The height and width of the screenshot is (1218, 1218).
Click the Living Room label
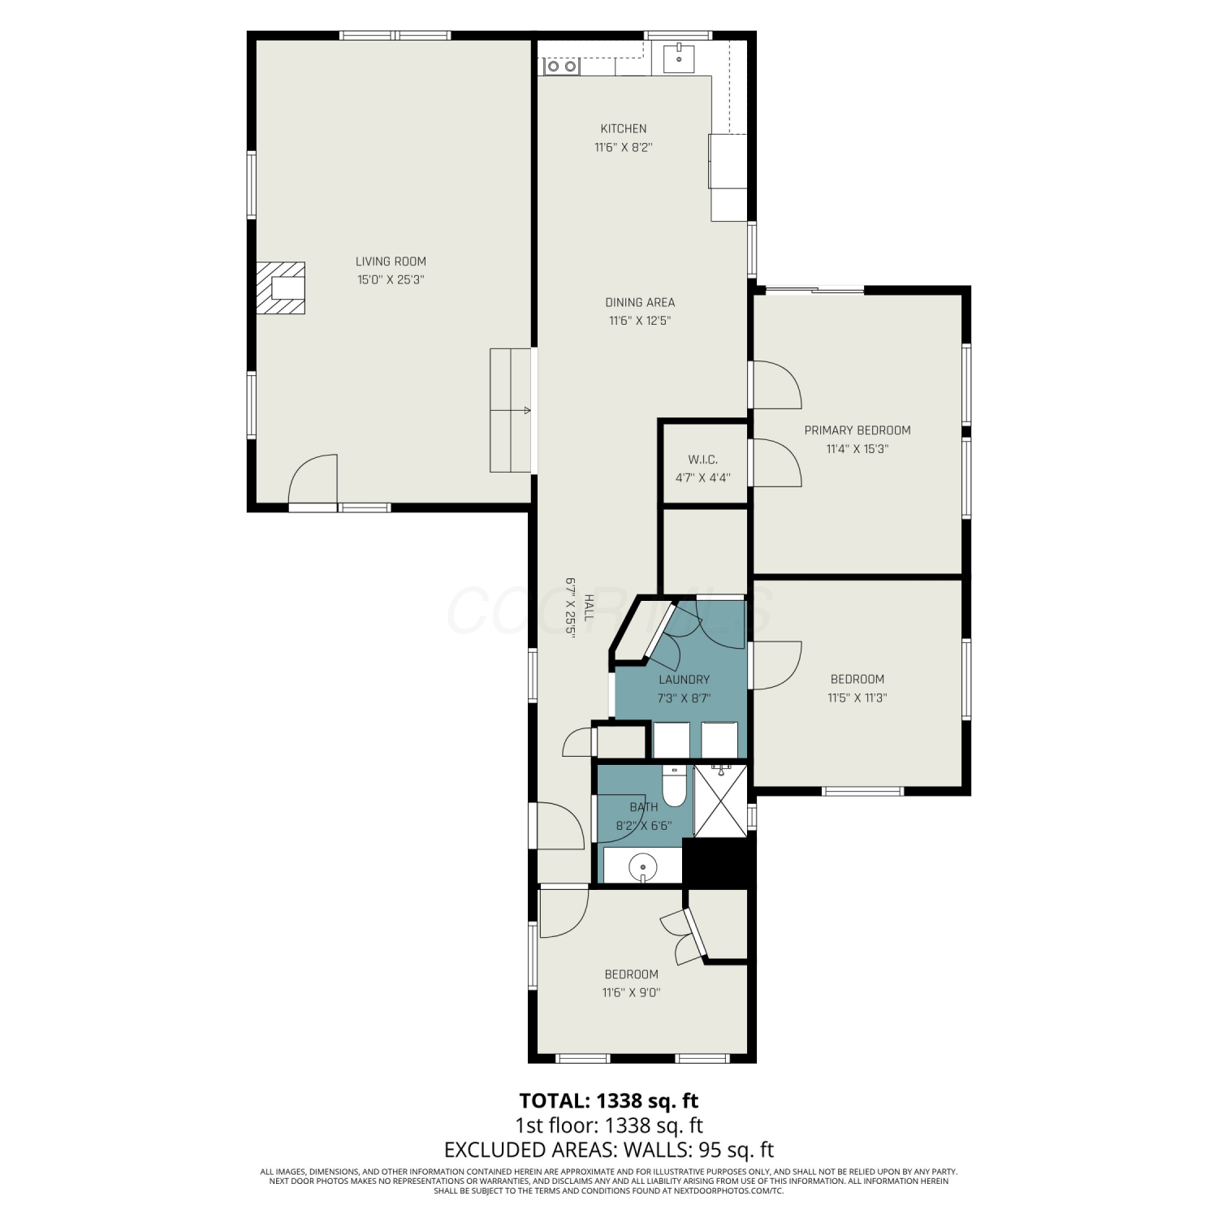391,261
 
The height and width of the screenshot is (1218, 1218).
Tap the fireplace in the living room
281,288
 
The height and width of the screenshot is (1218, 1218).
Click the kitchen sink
678,58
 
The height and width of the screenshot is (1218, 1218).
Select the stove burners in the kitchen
561,66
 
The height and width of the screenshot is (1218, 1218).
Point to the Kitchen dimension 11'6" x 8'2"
624,148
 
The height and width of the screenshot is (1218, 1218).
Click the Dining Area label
640,302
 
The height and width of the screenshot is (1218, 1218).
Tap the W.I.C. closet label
702,460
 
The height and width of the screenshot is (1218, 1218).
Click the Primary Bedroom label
857,430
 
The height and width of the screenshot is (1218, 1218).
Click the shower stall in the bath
721,800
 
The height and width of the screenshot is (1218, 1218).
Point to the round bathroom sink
642,867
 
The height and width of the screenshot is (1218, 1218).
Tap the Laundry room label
685,680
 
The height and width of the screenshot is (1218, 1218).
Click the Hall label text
589,607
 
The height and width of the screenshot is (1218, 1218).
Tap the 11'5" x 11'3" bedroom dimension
857,698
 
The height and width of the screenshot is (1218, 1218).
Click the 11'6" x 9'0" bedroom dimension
631,992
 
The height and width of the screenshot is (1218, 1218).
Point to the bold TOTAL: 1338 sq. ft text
609,1101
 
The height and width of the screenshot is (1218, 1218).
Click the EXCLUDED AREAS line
609,1150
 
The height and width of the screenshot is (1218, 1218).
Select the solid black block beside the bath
718,862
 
